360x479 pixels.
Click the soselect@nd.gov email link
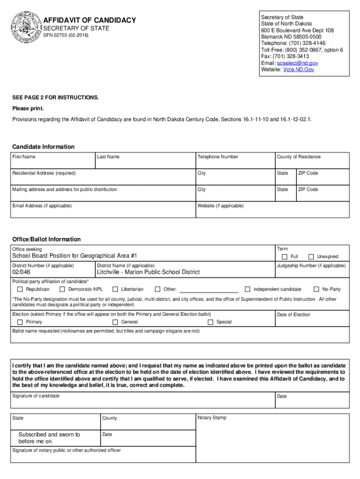297,63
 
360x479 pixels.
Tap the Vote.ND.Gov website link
299,69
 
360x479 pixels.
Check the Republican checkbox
20,289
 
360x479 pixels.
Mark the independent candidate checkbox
248,289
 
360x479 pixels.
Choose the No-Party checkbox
317,289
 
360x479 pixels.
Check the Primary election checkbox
20,322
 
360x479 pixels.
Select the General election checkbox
115,322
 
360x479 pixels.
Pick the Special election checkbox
210,322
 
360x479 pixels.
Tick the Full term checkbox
285,257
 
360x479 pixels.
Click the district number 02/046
21,272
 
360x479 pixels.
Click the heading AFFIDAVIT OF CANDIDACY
90,20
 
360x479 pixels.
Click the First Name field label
23,157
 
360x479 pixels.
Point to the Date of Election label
293,314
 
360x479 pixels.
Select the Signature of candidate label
36,396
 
